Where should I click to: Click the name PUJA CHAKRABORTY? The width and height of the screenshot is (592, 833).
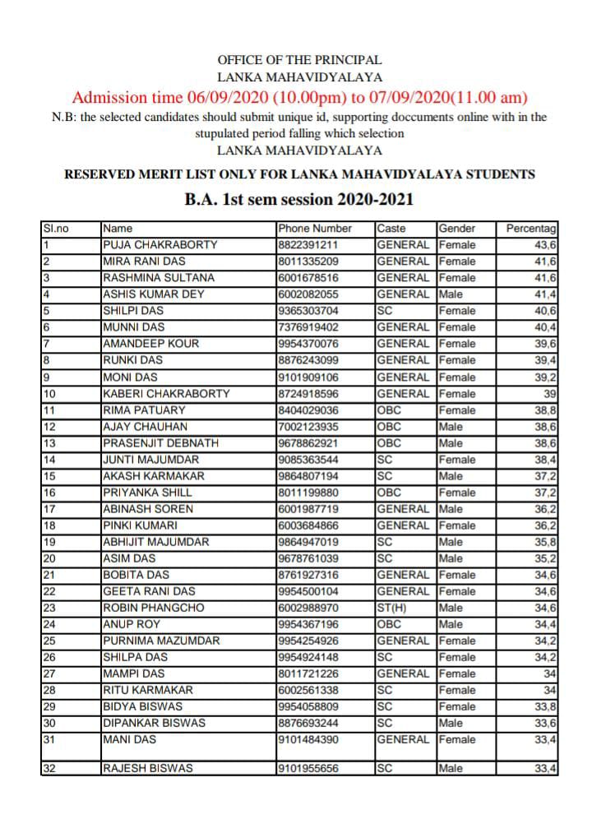[160, 244]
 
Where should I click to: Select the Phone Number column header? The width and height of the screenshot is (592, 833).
[315, 228]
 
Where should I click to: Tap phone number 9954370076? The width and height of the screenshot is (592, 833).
[308, 343]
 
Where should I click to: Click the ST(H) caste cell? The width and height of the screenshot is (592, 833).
[392, 608]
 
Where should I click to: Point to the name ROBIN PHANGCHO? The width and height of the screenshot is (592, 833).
[153, 608]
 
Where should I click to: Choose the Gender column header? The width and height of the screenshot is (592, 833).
[456, 228]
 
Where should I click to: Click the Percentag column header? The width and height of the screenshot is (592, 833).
[531, 228]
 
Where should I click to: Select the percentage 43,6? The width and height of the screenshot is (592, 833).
[544, 244]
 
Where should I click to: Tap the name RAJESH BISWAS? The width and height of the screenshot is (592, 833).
[148, 768]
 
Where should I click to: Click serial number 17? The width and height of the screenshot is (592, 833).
[49, 508]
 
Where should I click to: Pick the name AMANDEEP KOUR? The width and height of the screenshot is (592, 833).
[151, 343]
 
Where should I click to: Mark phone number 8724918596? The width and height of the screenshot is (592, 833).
[308, 393]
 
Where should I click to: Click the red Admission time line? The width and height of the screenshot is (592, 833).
[299, 97]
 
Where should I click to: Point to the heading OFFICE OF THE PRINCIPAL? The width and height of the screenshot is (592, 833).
[299, 60]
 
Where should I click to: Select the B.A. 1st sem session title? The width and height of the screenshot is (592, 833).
[299, 200]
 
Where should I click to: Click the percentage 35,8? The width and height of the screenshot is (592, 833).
[544, 541]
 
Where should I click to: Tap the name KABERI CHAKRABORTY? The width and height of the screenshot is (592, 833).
[167, 393]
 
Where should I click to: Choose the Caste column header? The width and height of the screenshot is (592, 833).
[391, 228]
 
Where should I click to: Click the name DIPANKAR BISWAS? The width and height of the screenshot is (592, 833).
[154, 723]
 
